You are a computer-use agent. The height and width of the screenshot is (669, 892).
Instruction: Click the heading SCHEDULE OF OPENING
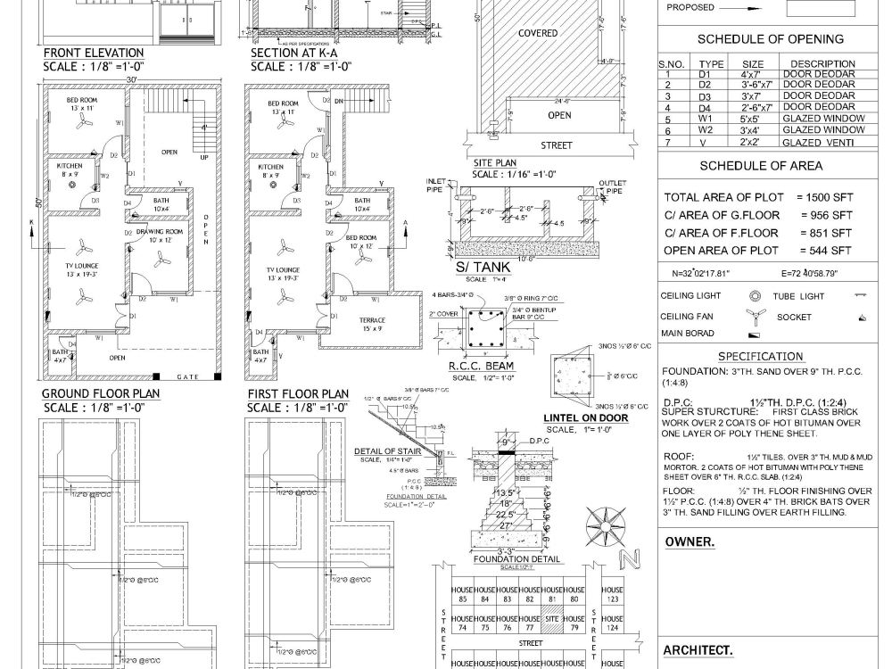(770, 39)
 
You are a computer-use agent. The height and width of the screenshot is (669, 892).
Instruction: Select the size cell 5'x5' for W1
(752, 119)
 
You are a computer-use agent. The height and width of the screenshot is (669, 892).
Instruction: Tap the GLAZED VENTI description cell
(817, 143)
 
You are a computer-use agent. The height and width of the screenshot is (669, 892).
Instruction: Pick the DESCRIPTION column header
(822, 64)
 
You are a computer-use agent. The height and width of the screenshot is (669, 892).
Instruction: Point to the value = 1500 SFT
(824, 197)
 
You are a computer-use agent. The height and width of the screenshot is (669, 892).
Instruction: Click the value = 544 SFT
(824, 251)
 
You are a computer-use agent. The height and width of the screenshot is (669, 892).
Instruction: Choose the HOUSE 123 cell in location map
(612, 595)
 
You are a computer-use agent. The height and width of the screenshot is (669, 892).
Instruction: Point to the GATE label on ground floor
(188, 377)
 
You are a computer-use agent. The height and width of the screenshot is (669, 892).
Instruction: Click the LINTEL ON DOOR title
(585, 417)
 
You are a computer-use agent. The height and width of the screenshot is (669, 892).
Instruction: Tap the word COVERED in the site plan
(538, 33)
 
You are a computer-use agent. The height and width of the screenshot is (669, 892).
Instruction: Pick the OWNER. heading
(690, 542)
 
